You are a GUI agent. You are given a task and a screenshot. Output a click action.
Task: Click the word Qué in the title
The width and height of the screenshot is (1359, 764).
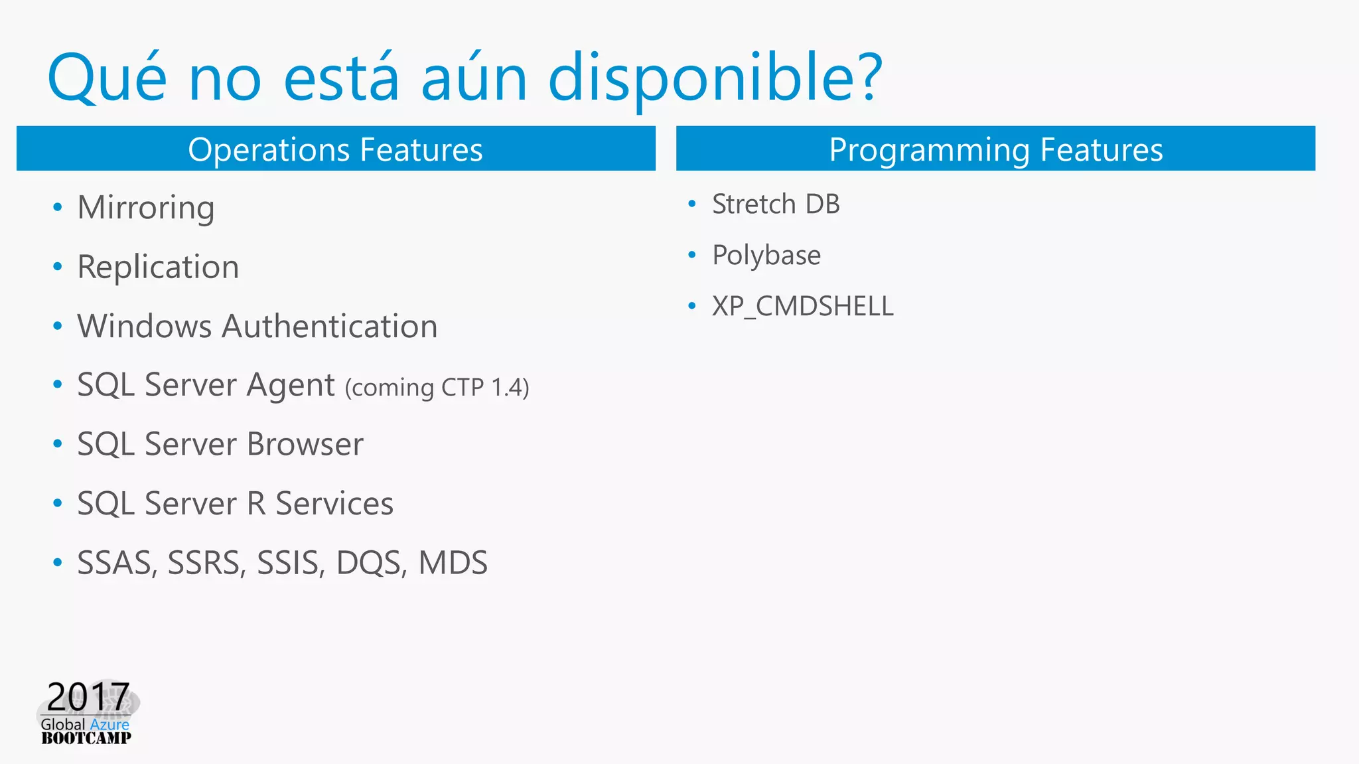(x=107, y=78)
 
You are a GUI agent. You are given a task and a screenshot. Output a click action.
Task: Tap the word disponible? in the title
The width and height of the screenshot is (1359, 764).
(x=715, y=78)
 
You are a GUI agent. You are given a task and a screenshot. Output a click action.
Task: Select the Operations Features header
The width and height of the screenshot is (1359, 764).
(x=335, y=149)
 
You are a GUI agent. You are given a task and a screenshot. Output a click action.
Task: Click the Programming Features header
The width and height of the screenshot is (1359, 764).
(x=995, y=149)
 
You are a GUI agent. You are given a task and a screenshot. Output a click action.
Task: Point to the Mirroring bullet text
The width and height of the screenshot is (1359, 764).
(x=146, y=208)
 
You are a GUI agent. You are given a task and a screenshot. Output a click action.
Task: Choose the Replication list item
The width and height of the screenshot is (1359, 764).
(x=158, y=267)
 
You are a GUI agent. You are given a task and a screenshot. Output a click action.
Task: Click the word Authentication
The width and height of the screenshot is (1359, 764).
(x=330, y=327)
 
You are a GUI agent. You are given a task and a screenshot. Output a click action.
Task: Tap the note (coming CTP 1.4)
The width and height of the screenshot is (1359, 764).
(x=437, y=387)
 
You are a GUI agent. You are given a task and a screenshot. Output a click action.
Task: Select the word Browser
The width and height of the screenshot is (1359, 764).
(x=305, y=444)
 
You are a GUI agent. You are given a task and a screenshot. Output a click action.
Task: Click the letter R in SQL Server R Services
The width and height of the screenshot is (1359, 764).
(x=256, y=503)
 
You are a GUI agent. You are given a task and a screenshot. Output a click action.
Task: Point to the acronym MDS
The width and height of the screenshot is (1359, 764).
(x=453, y=563)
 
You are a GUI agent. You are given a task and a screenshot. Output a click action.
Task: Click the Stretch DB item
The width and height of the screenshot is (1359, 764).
(x=776, y=204)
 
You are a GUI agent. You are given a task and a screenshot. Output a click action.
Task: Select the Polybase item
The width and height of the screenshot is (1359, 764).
(x=766, y=256)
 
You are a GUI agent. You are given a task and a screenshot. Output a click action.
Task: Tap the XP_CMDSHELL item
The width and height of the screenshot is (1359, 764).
(x=803, y=307)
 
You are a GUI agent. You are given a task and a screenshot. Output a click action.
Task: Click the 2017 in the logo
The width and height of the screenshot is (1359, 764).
(x=88, y=697)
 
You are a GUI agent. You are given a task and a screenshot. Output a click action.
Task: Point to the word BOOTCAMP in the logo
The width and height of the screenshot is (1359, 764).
(x=86, y=738)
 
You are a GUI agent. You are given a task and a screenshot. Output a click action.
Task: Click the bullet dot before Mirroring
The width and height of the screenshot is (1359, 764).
(x=58, y=208)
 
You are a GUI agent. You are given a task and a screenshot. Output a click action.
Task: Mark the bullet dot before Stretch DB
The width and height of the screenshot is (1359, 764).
(x=692, y=204)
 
